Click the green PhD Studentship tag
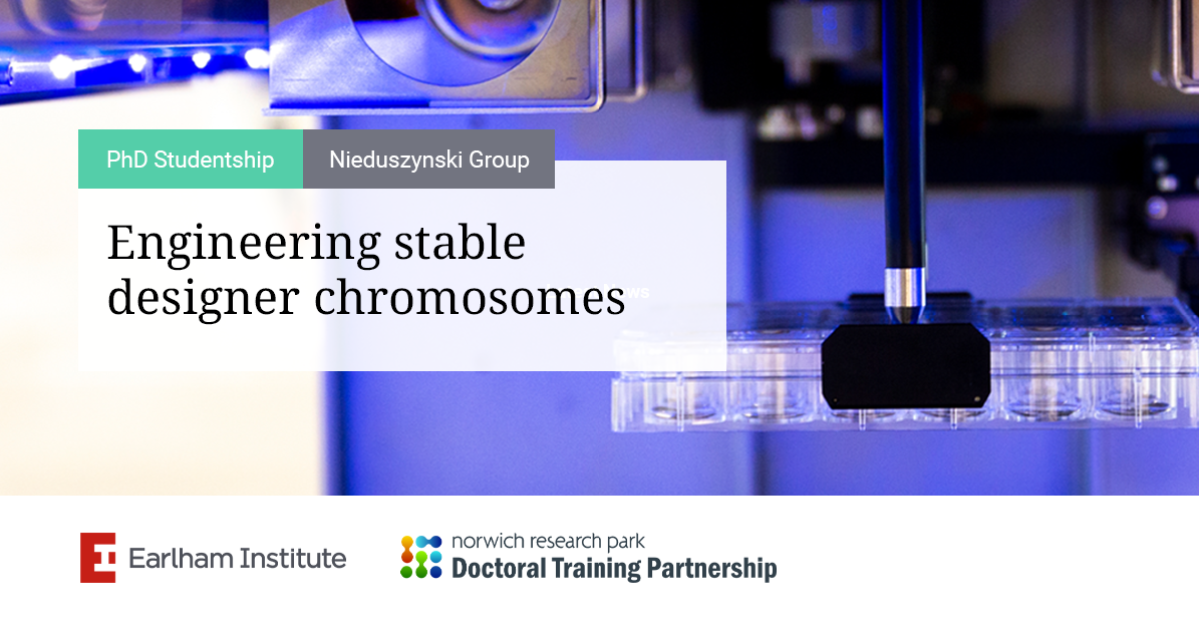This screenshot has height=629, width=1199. [x=190, y=159]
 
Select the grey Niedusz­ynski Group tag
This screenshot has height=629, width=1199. [x=429, y=159]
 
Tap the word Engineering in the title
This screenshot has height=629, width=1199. [x=244, y=244]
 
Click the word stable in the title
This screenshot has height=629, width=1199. [x=460, y=242]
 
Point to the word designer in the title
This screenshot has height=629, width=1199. [x=203, y=299]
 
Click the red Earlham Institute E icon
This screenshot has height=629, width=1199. [x=98, y=557]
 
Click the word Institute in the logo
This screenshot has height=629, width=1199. [x=293, y=558]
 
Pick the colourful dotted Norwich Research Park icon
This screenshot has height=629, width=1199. [x=421, y=557]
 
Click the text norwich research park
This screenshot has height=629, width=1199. [x=549, y=542]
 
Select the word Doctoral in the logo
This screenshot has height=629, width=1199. [x=499, y=568]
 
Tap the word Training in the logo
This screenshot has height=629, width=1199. [x=596, y=569]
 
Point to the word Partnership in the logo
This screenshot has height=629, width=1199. [x=711, y=569]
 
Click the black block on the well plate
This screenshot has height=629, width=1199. [x=905, y=366]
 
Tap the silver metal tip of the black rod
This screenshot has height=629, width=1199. [x=904, y=296]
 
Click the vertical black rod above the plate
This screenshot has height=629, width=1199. [x=903, y=134]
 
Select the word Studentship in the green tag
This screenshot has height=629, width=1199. [x=214, y=160]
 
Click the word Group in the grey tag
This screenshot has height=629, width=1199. [x=499, y=160]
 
